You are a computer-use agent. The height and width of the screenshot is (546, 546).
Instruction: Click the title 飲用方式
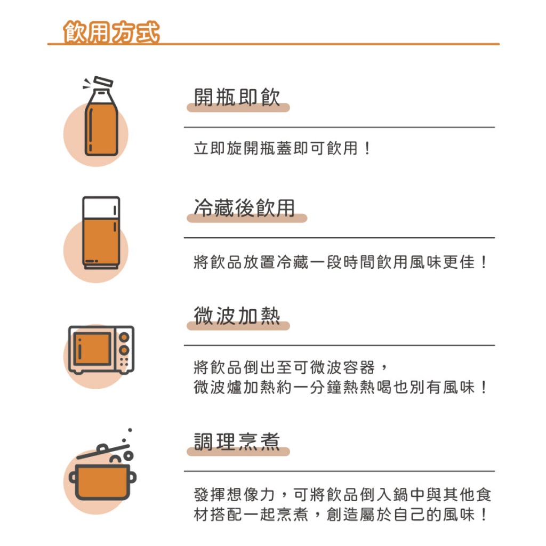[x=111, y=31]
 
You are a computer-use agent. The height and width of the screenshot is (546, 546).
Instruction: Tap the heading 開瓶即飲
[x=237, y=97]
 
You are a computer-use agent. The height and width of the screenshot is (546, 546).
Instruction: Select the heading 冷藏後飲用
[x=244, y=207]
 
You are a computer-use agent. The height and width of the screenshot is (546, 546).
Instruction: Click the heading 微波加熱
[x=237, y=316]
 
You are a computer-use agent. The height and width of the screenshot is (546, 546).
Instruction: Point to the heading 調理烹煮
[x=237, y=441]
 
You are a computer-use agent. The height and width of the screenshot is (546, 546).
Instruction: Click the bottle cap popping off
[x=103, y=82]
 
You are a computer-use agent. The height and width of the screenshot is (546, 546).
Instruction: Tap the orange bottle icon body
[x=101, y=130]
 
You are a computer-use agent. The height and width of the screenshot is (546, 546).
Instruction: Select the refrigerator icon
[x=101, y=232]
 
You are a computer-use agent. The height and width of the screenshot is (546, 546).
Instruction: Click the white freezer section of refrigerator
[x=101, y=207]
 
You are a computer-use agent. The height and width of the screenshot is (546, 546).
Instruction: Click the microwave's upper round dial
[x=124, y=337]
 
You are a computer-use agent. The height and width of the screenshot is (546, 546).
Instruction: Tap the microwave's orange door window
[x=92, y=349]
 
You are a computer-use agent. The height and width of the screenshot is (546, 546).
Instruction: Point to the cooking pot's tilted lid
[x=103, y=451]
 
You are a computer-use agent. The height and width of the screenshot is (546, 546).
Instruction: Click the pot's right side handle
[x=133, y=477]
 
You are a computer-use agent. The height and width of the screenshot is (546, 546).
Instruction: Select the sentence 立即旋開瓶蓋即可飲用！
[x=282, y=148]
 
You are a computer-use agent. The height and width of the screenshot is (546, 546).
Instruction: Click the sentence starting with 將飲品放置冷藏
[x=340, y=262]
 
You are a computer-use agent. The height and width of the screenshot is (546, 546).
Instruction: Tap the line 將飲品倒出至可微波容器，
[x=291, y=367]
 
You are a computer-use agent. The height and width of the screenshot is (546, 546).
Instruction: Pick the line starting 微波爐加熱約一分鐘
[x=340, y=387]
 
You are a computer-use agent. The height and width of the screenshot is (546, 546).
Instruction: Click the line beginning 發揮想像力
[x=342, y=494]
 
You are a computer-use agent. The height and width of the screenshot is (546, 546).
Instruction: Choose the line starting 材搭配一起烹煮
[x=340, y=515]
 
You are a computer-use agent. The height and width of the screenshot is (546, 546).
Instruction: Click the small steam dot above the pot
[x=130, y=430]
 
